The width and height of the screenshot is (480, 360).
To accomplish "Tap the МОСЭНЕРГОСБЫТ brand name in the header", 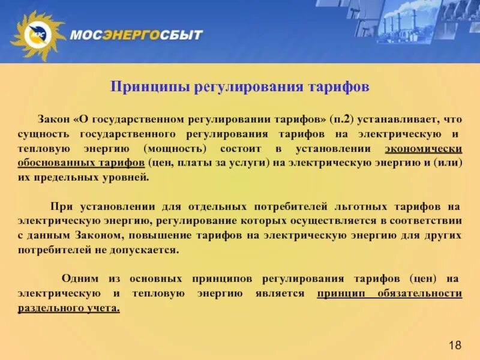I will point(136,34).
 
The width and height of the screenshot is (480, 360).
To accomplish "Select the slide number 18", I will point(455,344).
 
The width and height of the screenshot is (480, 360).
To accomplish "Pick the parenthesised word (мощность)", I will point(176,148).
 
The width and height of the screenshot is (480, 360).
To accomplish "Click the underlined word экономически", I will point(424,148).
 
